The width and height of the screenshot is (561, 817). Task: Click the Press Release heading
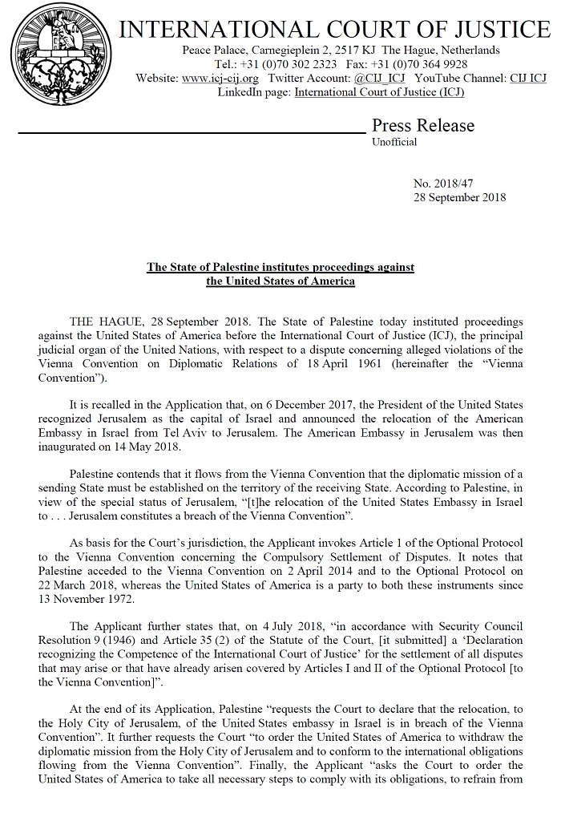[x=422, y=126]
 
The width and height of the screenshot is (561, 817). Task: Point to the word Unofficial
[x=394, y=143]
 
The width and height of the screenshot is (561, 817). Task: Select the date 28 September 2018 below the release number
[x=459, y=197]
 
